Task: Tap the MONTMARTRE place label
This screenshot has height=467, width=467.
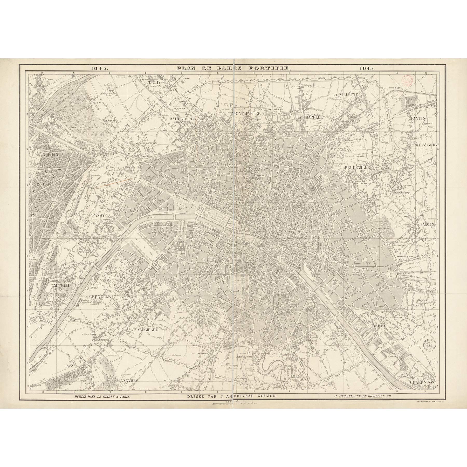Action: click(x=246, y=113)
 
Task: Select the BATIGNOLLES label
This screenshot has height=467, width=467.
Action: click(x=182, y=119)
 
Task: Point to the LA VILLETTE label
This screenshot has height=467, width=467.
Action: click(x=345, y=95)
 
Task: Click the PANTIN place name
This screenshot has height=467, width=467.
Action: click(x=418, y=118)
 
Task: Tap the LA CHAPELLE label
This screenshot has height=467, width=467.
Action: click(x=310, y=117)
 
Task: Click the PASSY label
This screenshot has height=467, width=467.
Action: click(x=98, y=215)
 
